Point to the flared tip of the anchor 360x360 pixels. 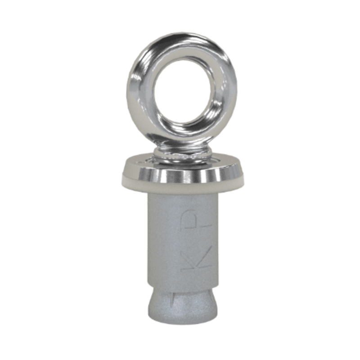click(182, 306)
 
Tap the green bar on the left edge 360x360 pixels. click(13, 180)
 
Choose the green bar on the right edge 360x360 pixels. click(347, 180)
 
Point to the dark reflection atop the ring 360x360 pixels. click(180, 37)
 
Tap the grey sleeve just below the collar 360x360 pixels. click(182, 200)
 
